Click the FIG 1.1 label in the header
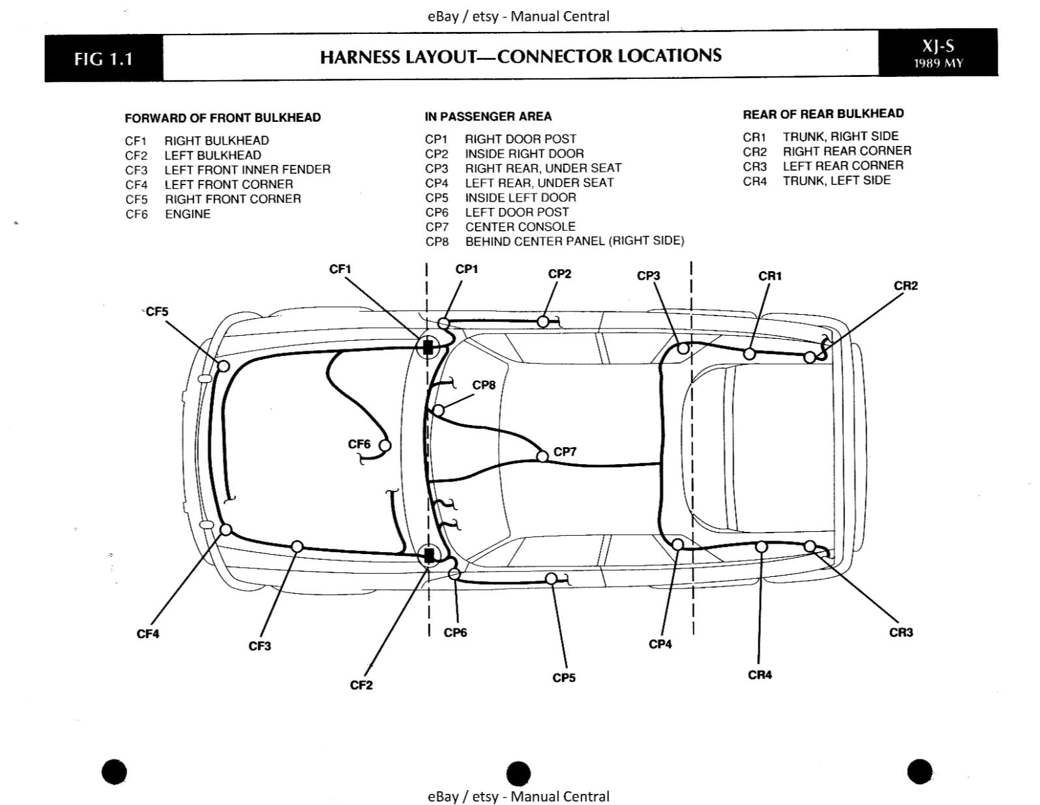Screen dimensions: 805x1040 (104, 59)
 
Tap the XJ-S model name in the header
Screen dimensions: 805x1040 (938, 46)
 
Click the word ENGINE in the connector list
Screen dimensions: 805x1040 (188, 214)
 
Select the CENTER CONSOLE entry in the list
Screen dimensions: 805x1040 (520, 227)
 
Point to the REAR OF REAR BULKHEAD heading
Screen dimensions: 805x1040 (823, 113)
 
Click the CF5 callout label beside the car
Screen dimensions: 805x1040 (156, 312)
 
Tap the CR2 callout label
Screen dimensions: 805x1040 (905, 285)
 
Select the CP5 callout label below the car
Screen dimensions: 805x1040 (564, 678)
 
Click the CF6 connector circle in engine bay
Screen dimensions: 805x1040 (385, 446)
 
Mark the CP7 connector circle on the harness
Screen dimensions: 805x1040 (542, 456)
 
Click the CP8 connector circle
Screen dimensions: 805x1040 (439, 410)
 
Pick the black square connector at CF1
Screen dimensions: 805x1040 (428, 347)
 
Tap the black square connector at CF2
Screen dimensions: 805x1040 (428, 555)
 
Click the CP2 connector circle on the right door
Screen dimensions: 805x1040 (542, 321)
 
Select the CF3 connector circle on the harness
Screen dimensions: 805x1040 (297, 546)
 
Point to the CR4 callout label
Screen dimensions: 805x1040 (760, 675)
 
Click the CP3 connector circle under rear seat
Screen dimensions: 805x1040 (683, 349)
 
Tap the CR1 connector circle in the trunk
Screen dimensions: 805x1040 (750, 354)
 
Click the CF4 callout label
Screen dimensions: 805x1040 (148, 634)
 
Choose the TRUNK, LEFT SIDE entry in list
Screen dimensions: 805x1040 (837, 181)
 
